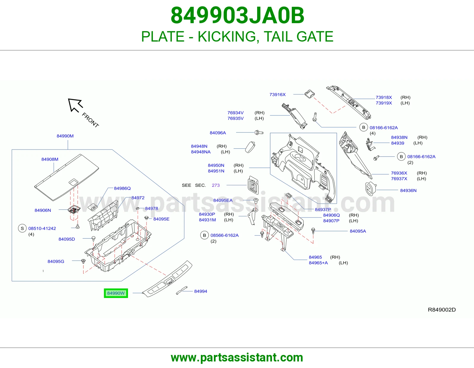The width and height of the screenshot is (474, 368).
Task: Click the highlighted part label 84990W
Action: [x=116, y=293]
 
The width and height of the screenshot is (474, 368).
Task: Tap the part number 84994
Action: [x=201, y=291]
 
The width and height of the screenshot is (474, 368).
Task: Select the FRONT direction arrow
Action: [x=75, y=105]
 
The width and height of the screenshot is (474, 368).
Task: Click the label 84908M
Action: [x=50, y=159]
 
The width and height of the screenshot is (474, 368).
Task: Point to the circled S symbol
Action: [x=22, y=228]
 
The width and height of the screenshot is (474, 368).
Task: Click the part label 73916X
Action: [x=278, y=95]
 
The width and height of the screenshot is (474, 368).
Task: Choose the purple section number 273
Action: [x=216, y=185]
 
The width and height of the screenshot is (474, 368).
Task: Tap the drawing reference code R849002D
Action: [x=442, y=310]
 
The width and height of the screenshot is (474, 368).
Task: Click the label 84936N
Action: [x=408, y=191]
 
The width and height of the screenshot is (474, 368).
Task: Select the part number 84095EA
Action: [x=223, y=200]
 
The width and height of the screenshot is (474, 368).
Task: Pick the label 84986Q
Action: [x=122, y=188]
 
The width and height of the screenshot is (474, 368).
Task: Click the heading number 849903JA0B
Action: [x=237, y=15]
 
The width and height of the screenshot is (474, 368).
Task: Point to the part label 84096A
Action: [x=218, y=133]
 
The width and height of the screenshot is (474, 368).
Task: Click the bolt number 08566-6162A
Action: [x=225, y=235]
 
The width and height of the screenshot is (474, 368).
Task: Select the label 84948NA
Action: [x=201, y=152]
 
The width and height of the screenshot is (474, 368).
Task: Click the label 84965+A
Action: [x=318, y=263]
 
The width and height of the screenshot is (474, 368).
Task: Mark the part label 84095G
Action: [x=56, y=261]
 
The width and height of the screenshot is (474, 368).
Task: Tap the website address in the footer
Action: [x=237, y=358]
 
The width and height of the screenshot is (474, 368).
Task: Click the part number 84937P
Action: [x=323, y=210]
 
